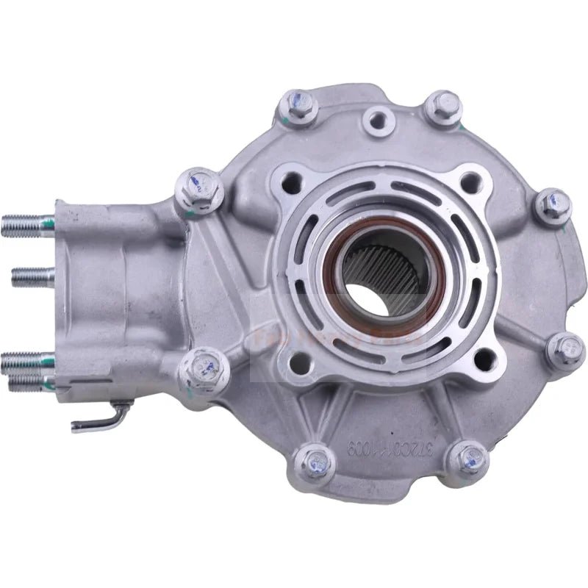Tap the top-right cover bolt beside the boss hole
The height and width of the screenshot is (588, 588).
click(x=444, y=108)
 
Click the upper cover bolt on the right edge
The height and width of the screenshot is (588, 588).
click(x=552, y=207)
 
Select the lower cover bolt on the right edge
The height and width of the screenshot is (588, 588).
click(x=564, y=351)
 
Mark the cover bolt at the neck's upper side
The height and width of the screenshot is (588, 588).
click(x=198, y=189)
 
